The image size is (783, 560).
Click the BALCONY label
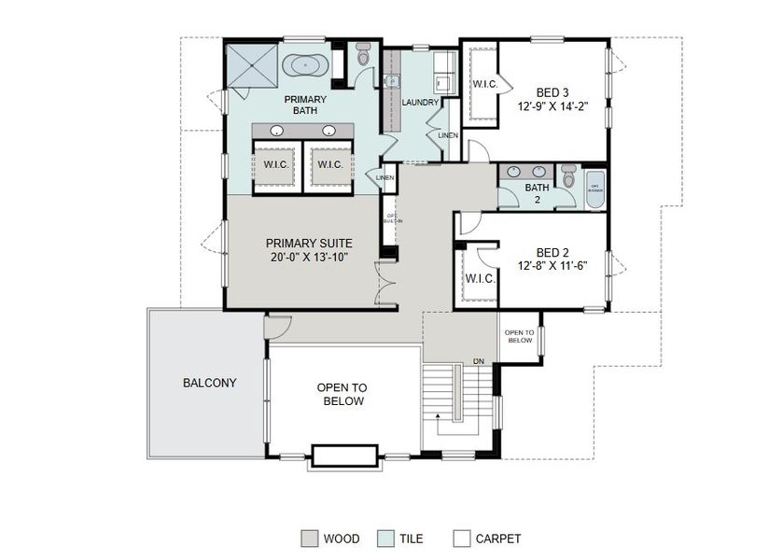(209, 383)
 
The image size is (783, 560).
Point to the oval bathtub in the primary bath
(306, 66)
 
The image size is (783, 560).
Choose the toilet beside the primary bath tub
(364, 55)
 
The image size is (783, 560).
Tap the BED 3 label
(552, 92)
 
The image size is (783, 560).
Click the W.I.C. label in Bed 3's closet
(485, 84)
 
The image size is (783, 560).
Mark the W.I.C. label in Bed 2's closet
(480, 278)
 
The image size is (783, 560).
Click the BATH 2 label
(537, 192)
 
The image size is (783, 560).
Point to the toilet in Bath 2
(568, 175)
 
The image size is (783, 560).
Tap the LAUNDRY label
(419, 102)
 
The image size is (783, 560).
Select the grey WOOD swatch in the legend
(309, 539)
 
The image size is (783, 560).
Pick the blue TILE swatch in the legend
(385, 539)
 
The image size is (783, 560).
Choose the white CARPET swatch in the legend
(461, 539)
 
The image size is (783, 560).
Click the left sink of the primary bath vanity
(278, 130)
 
